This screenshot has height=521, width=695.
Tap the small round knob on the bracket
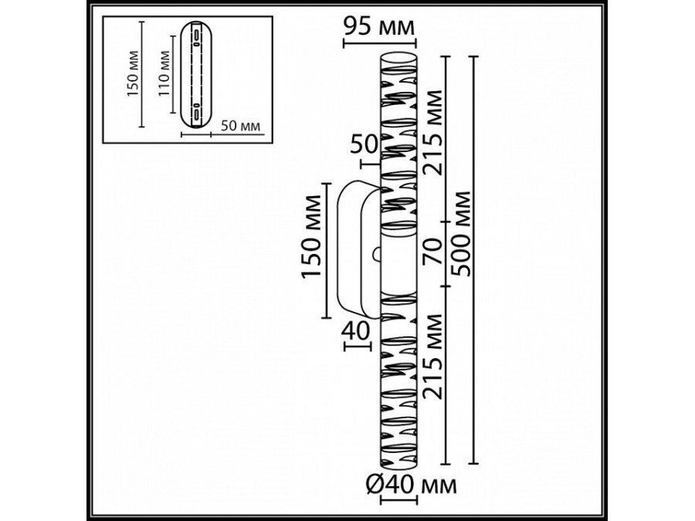377,252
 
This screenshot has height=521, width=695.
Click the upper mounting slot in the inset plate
196,38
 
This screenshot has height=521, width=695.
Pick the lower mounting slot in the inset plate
196,111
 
